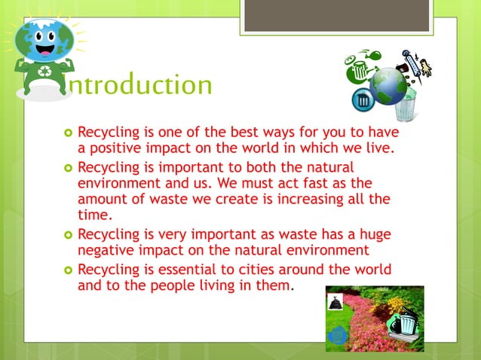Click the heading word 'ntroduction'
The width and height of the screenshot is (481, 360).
click(x=139, y=86)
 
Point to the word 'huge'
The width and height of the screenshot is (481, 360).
click(x=375, y=234)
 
